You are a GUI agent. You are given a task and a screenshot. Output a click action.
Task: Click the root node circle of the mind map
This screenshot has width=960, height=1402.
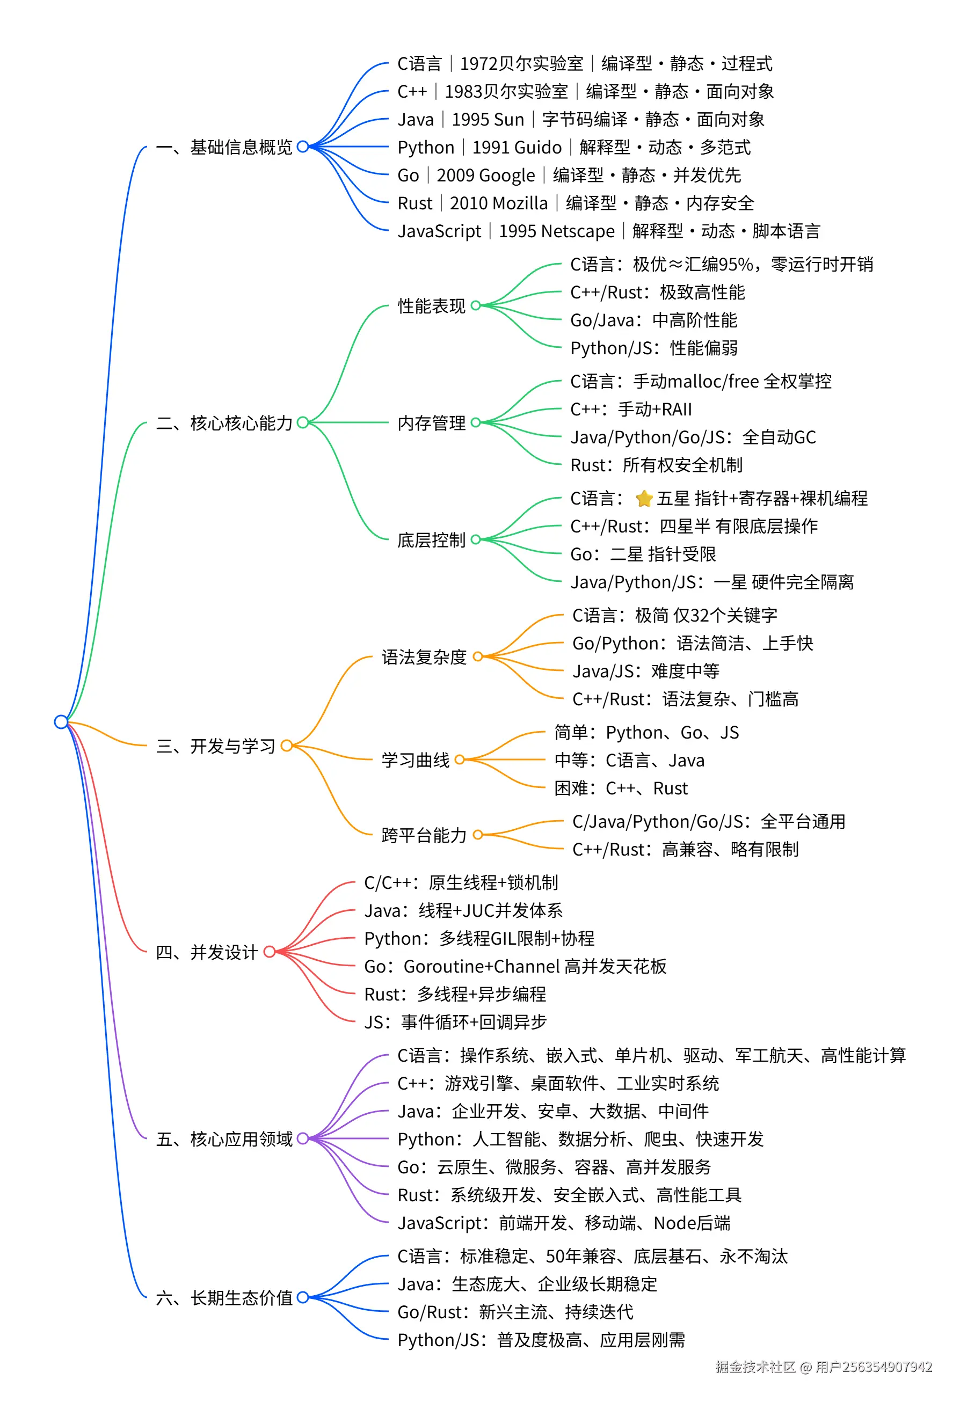61,721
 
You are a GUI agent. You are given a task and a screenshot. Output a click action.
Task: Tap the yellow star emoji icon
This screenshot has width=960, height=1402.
644,498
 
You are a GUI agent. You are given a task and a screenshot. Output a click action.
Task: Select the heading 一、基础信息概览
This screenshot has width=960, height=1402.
224,147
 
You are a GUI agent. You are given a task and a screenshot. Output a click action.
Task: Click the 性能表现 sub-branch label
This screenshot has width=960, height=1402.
432,306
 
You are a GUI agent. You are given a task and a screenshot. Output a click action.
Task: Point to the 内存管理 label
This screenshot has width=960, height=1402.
432,423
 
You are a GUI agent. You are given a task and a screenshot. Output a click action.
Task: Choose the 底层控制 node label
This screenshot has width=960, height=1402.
432,540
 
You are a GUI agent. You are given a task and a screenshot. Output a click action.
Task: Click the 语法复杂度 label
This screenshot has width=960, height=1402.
424,657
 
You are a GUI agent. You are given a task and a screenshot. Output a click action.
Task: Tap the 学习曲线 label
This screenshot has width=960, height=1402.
415,760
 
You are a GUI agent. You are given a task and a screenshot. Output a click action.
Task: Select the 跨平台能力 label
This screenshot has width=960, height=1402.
424,836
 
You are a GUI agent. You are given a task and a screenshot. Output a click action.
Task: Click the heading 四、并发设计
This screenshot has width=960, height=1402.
207,952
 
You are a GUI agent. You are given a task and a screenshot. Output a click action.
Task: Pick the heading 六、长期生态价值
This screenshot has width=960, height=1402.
224,1298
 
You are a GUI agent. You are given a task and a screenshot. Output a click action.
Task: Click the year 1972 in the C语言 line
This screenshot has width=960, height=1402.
479,63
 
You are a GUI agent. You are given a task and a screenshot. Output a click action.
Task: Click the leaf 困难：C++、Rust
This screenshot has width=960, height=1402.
621,788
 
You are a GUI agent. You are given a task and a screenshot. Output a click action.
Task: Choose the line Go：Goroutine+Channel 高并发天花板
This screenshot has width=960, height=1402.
515,967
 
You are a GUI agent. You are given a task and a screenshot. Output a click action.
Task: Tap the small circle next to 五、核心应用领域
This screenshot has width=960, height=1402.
303,1138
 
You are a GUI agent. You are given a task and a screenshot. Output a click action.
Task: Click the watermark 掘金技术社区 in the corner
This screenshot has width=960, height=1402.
755,1367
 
